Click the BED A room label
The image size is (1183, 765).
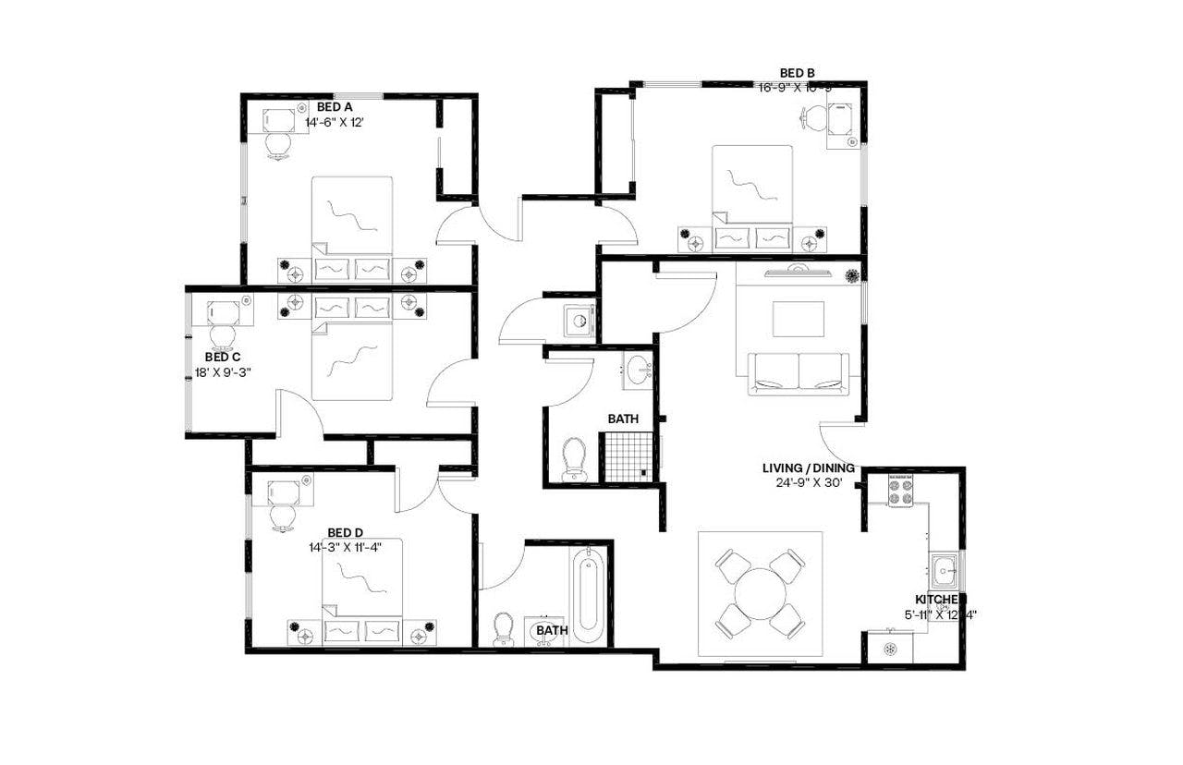coord(335,107)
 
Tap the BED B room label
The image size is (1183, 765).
coord(796,73)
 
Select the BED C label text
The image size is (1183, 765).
coord(223,357)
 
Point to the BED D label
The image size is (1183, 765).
coord(345,533)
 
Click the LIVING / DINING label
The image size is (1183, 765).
coord(808,468)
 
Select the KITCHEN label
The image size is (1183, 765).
coord(941,600)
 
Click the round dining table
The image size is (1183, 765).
coord(760,594)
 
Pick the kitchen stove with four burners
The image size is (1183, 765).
coord(900,490)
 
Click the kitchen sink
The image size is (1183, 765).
coord(944,572)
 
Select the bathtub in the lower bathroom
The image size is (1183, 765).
coord(588,596)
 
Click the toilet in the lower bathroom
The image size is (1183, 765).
coord(504,627)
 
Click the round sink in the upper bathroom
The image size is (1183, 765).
coord(637,372)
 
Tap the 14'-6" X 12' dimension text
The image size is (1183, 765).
coord(335,122)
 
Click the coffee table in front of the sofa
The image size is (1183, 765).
coord(798,320)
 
